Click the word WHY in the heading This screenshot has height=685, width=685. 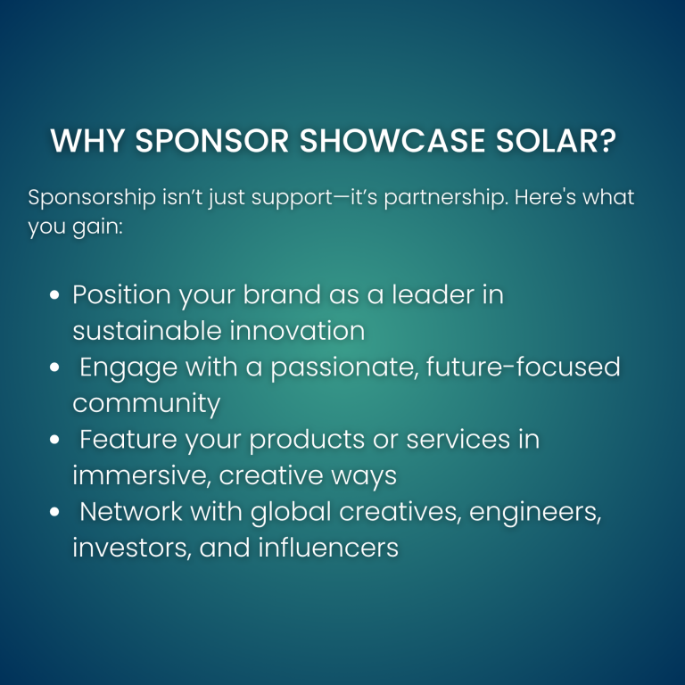click(x=87, y=141)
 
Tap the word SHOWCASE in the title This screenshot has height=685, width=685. click(x=392, y=141)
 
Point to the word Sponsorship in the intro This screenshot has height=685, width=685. click(x=92, y=198)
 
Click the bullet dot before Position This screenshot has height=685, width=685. click(x=54, y=295)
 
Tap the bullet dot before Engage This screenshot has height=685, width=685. click(x=54, y=367)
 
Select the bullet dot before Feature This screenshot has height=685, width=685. click(x=54, y=440)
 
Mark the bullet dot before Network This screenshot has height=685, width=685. click(x=54, y=512)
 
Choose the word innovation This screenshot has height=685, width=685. click(x=297, y=331)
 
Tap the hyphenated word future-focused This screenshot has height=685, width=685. click(x=523, y=367)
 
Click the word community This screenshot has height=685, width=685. click(x=146, y=404)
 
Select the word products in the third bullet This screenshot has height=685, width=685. click(x=307, y=440)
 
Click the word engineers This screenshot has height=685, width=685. click(x=535, y=513)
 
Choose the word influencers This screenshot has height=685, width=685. click(x=328, y=548)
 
